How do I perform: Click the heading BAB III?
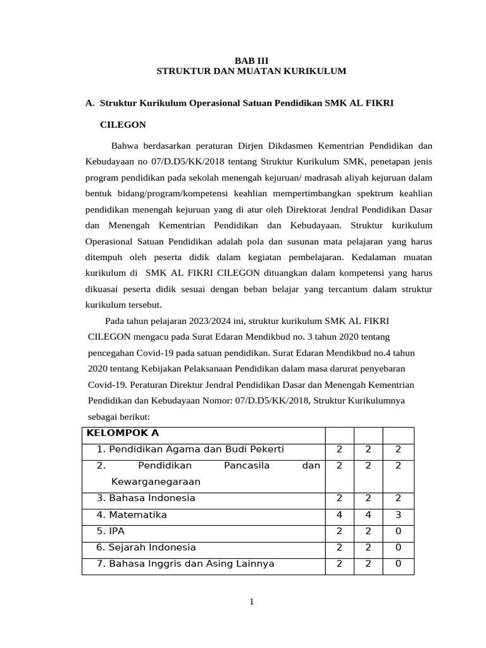click(251, 60)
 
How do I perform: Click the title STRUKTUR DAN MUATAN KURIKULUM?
click(251, 72)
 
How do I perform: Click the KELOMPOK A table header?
click(122, 433)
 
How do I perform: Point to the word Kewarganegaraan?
click(156, 482)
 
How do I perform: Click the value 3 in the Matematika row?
click(398, 514)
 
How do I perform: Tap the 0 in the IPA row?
click(398, 531)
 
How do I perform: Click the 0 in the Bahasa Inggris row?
click(398, 564)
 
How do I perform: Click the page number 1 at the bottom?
click(251, 602)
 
